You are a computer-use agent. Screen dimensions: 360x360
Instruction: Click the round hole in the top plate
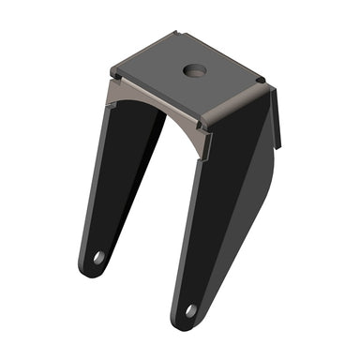pos(195,70)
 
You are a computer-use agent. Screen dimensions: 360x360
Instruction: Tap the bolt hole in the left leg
pos(98,256)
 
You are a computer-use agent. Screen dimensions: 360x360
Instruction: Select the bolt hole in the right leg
pos(190,309)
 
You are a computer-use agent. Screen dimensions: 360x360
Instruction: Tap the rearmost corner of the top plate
pos(178,33)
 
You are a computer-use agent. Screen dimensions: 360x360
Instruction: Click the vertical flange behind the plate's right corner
pos(277,117)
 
